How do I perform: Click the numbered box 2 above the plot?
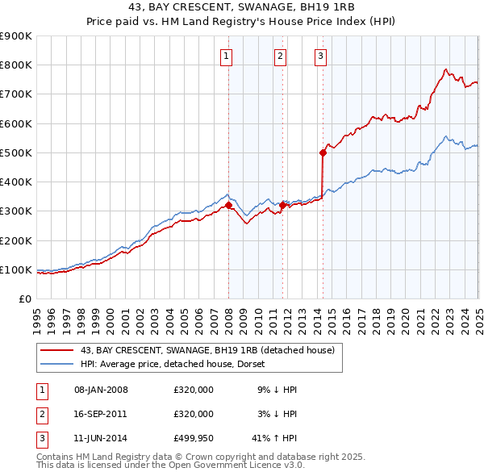(x=279, y=56)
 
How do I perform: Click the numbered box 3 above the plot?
(x=321, y=56)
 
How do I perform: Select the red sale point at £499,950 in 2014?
(x=323, y=152)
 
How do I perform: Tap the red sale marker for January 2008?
(x=228, y=205)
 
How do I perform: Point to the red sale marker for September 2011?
(x=283, y=205)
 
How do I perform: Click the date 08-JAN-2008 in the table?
(x=101, y=390)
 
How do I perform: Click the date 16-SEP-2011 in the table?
(x=101, y=414)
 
